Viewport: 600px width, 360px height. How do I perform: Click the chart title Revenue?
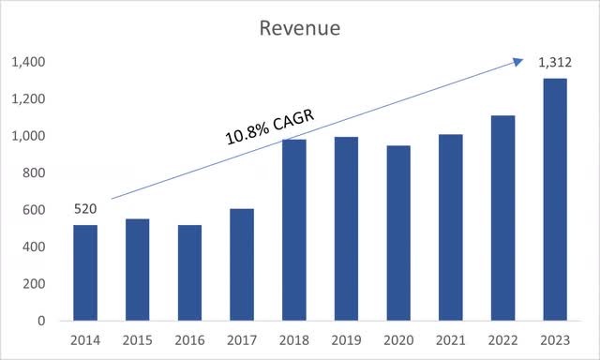coord(299,28)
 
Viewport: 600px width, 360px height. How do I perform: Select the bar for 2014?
coord(84,273)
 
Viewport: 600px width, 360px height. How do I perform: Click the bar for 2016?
coord(189,273)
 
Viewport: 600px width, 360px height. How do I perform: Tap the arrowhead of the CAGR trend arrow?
coord(517,62)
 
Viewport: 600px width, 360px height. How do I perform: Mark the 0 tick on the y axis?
coord(42,321)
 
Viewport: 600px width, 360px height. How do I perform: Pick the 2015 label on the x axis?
coord(137,340)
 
